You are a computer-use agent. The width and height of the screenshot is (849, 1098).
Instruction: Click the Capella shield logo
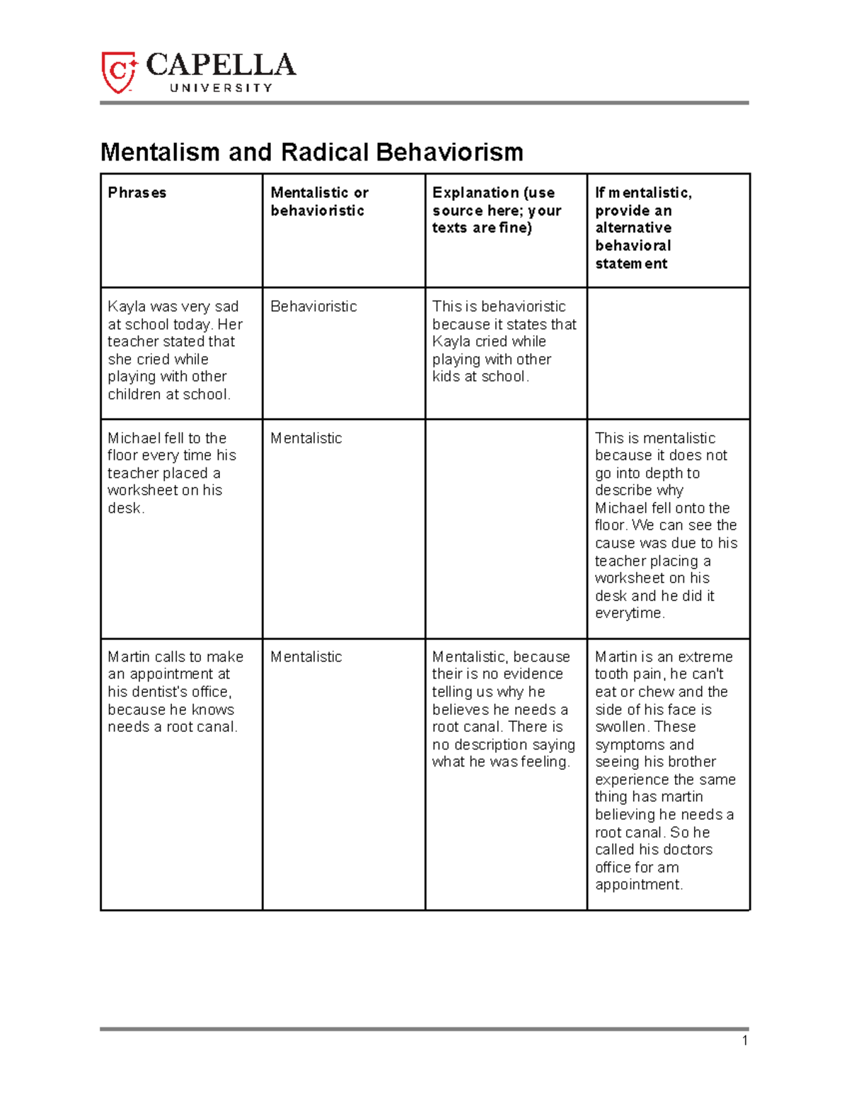click(118, 71)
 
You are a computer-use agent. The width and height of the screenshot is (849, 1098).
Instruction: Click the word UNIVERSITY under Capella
click(221, 88)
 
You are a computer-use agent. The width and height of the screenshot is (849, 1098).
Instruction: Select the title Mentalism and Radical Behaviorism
click(312, 152)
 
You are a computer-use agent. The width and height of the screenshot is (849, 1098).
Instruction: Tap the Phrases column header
click(137, 193)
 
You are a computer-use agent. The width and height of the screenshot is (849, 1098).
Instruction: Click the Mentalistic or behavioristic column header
click(319, 202)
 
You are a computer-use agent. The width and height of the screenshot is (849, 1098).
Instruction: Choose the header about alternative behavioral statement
click(643, 228)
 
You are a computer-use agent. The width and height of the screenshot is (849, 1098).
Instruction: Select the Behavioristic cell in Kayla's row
click(313, 307)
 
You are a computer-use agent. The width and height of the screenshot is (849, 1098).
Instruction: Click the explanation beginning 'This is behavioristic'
click(504, 341)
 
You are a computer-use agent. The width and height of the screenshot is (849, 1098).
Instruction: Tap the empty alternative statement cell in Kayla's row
click(668, 353)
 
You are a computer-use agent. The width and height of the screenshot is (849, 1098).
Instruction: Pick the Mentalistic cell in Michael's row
click(306, 438)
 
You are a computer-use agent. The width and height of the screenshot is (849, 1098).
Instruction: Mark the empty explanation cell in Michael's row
click(505, 528)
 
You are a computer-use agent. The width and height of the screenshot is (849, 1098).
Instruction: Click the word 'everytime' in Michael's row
click(628, 614)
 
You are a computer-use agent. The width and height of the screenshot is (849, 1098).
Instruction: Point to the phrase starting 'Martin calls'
click(175, 691)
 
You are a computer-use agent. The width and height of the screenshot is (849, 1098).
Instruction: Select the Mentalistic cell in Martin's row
click(306, 657)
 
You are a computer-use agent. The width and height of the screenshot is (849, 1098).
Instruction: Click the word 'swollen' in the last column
click(620, 727)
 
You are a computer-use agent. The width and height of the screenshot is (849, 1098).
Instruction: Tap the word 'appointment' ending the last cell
click(637, 885)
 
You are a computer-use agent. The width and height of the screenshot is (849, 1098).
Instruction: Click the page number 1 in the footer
click(745, 1040)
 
